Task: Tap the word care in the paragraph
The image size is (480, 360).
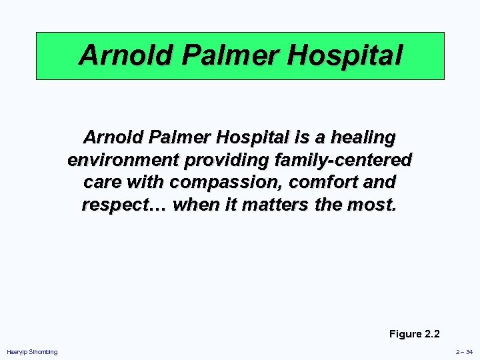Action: coord(102,182)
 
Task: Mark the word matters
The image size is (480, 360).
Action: coord(272,204)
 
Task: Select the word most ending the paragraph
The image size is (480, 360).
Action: coord(374,204)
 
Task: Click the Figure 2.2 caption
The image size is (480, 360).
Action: coord(414,334)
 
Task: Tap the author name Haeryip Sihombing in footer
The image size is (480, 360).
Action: coord(32,352)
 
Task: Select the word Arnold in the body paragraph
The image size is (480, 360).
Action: coord(110,138)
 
